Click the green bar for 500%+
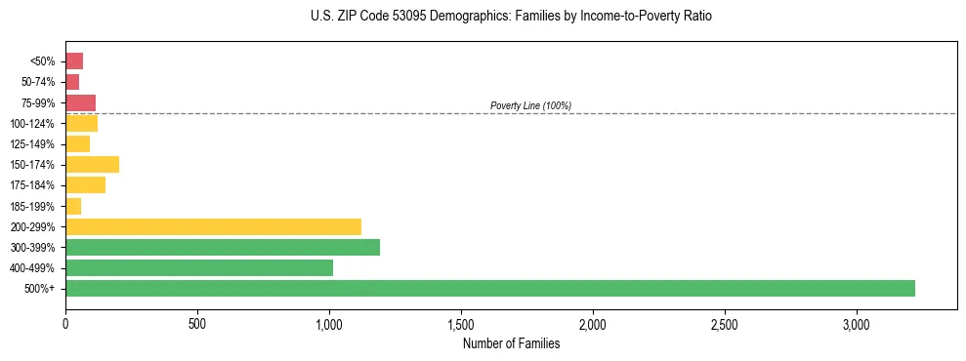pyautogui.click(x=489, y=288)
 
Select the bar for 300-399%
pyautogui.click(x=223, y=247)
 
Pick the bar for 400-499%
pyautogui.click(x=199, y=267)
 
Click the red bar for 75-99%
pyautogui.click(x=80, y=102)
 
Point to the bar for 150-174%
pyautogui.click(x=92, y=164)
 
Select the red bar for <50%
pyautogui.click(x=74, y=61)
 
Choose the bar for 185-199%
pyautogui.click(x=73, y=206)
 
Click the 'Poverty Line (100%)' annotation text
pyautogui.click(x=530, y=105)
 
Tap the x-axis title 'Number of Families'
pyautogui.click(x=511, y=343)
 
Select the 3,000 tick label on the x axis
pyautogui.click(x=857, y=323)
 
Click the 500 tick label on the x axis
pyautogui.click(x=197, y=323)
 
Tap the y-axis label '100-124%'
pyautogui.click(x=32, y=124)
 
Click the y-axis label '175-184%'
pyautogui.click(x=32, y=185)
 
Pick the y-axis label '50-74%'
pyautogui.click(x=36, y=82)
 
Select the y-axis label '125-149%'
pyautogui.click(x=32, y=144)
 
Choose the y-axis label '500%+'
pyautogui.click(x=40, y=289)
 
